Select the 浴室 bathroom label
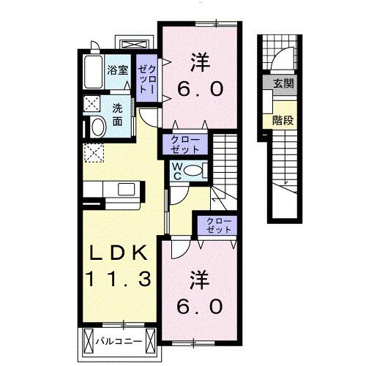pos(116,72)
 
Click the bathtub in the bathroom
pos(91,73)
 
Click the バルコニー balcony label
pos(117,341)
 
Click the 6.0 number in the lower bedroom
pos(197,307)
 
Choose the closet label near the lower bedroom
pos(215,225)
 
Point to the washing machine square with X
pos(93,103)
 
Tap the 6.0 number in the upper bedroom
pos(197,89)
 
